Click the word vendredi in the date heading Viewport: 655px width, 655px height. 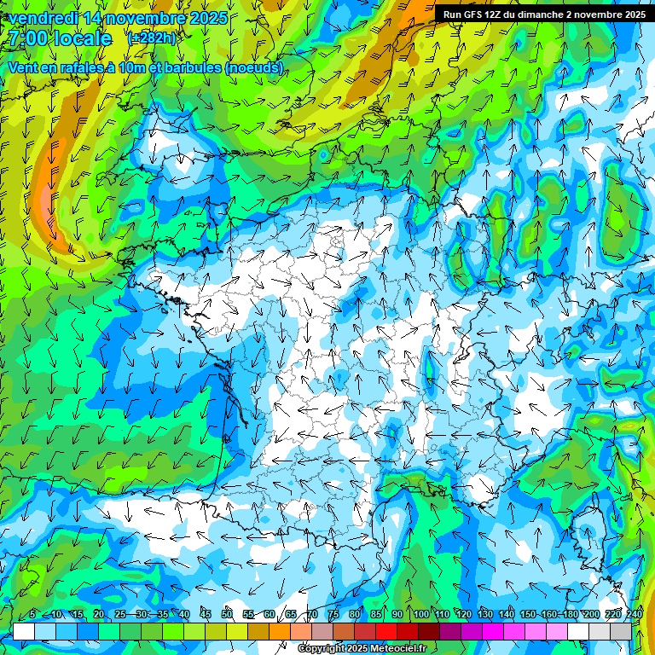click(x=42, y=18)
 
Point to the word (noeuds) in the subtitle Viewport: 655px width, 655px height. click(x=254, y=67)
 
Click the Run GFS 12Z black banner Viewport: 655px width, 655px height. click(x=543, y=14)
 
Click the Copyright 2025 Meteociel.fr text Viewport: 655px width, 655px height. click(x=362, y=648)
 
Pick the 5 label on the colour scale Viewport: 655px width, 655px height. click(x=32, y=615)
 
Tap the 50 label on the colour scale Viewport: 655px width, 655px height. click(x=227, y=615)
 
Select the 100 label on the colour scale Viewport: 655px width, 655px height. click(x=420, y=615)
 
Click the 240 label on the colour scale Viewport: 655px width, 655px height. click(x=635, y=615)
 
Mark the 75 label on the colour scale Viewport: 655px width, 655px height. click(x=333, y=615)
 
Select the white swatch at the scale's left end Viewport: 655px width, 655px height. click(x=24, y=631)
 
